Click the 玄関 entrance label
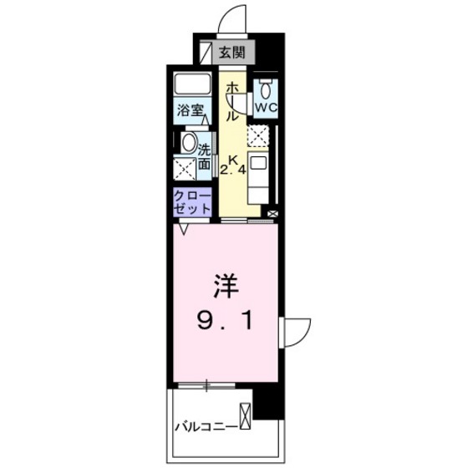click(x=231, y=53)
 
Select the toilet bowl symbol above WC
click(x=266, y=90)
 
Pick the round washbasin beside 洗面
click(x=188, y=142)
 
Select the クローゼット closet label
click(x=189, y=202)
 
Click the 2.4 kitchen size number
click(x=231, y=170)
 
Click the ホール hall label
click(x=233, y=102)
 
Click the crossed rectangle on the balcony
click(x=246, y=416)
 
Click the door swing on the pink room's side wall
click(x=298, y=331)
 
